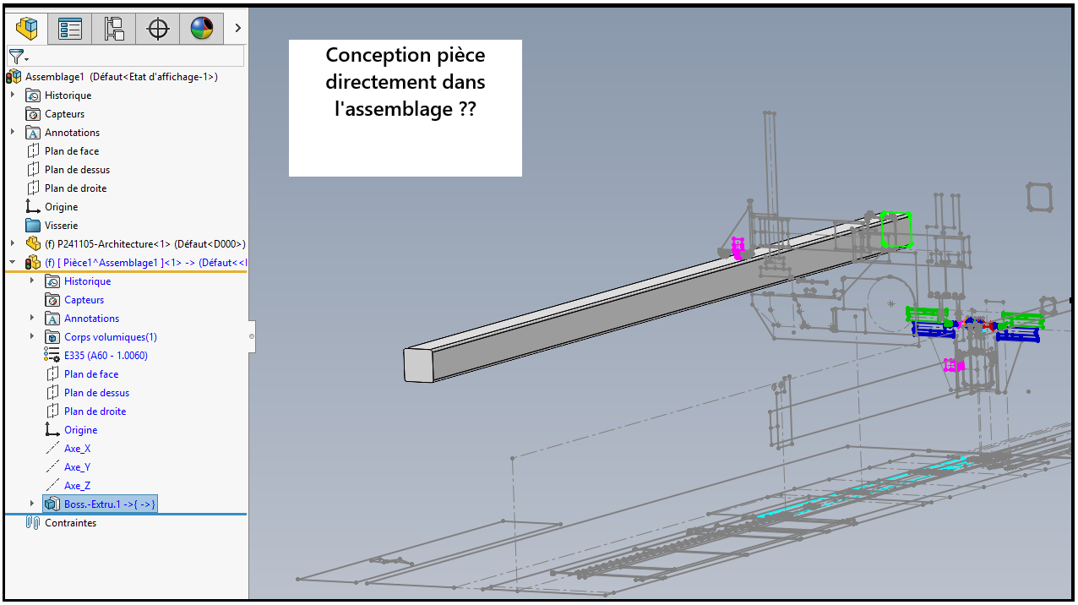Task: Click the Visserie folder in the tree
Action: [61, 226]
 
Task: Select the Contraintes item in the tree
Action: [70, 523]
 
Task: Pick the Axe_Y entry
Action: [77, 467]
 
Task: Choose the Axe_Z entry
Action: [77, 486]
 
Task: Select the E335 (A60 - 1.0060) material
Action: [106, 356]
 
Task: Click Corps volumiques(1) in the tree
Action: [110, 337]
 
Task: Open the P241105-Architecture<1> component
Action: [144, 244]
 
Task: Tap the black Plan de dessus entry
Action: [77, 170]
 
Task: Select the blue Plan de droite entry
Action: [95, 412]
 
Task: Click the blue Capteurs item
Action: [84, 300]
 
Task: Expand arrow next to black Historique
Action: [13, 95]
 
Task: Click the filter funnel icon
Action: [15, 57]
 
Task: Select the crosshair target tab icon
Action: [158, 29]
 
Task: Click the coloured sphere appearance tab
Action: [202, 29]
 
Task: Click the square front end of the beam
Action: [418, 363]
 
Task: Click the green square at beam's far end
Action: [896, 229]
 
